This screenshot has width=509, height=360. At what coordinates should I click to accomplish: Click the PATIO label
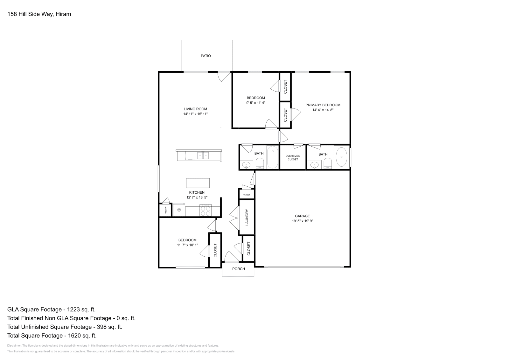coord(206,56)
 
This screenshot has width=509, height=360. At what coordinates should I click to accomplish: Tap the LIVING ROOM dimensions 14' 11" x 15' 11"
coord(195,114)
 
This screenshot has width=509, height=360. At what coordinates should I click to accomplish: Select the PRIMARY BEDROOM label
coord(323,105)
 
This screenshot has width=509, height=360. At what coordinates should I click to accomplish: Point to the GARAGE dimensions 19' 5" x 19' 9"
coord(303,221)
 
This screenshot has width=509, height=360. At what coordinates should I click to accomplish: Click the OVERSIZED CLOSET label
coord(293,158)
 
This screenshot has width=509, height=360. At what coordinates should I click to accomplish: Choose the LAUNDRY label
coord(247,217)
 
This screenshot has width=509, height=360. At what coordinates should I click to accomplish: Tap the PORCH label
coord(238,269)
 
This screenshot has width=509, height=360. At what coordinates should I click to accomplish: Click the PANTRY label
coord(166,210)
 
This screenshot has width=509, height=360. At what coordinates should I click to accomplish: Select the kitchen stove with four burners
coord(206,210)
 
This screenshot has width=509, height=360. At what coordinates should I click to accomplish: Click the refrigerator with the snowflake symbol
coord(179,210)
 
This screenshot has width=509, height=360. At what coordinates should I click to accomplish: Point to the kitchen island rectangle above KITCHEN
coord(198,183)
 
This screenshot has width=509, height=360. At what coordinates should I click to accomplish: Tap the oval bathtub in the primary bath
coord(341,157)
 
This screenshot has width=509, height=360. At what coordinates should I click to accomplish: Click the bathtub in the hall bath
coord(272,157)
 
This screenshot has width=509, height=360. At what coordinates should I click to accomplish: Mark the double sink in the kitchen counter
coord(203,156)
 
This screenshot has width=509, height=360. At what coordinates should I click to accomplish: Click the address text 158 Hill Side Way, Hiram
coord(39,14)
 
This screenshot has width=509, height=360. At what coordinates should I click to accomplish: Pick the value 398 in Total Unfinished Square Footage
coord(101,327)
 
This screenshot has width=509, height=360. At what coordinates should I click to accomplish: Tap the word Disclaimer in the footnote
coord(14,346)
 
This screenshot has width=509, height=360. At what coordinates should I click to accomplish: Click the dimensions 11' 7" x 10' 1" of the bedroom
coord(187,245)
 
